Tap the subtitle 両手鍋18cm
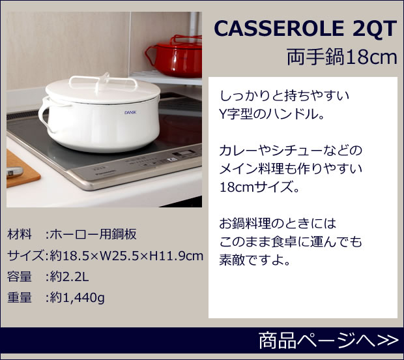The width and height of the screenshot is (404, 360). click(341, 57)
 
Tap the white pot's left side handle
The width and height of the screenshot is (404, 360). click(44, 114)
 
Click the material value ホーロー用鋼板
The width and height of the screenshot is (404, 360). click(92, 234)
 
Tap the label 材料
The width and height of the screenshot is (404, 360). click(20, 234)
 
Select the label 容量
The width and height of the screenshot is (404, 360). click(20, 276)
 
